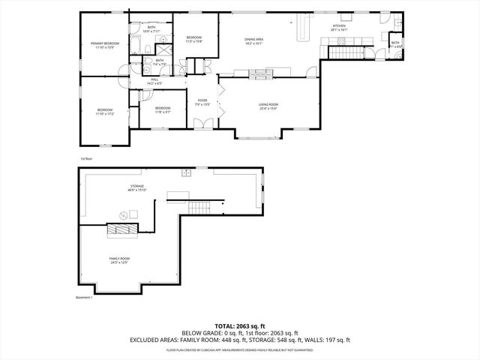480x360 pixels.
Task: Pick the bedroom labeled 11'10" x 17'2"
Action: click(x=104, y=112)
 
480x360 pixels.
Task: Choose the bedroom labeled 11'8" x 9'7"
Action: click(x=163, y=110)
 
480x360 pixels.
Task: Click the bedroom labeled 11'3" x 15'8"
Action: click(x=193, y=39)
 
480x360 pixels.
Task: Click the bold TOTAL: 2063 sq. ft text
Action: click(x=240, y=325)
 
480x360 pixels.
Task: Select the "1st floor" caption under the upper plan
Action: click(x=86, y=158)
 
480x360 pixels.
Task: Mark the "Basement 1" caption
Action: click(x=84, y=298)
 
